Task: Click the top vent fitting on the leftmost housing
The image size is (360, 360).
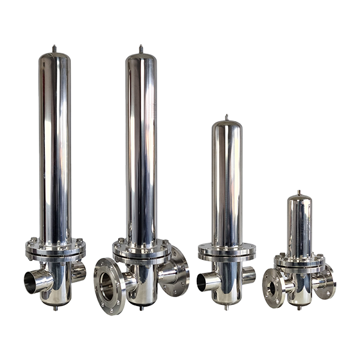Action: (55, 48)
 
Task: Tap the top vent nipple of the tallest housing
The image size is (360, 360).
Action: (141, 48)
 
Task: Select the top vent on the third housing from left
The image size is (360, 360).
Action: (226, 117)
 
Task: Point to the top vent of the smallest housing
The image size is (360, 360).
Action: (298, 192)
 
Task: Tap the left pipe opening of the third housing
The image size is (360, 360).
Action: (209, 281)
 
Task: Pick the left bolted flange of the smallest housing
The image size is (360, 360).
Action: (274, 289)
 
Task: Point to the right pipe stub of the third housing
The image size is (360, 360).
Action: (248, 275)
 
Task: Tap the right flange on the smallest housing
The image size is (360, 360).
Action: (326, 282)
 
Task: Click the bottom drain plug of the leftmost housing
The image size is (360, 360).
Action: (55, 308)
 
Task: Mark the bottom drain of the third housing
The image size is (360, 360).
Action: (226, 307)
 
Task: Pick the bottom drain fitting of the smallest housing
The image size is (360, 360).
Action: (298, 307)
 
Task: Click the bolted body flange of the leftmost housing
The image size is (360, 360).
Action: (55, 249)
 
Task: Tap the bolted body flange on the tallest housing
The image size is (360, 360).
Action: (142, 250)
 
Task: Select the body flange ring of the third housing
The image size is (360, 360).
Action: (227, 251)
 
